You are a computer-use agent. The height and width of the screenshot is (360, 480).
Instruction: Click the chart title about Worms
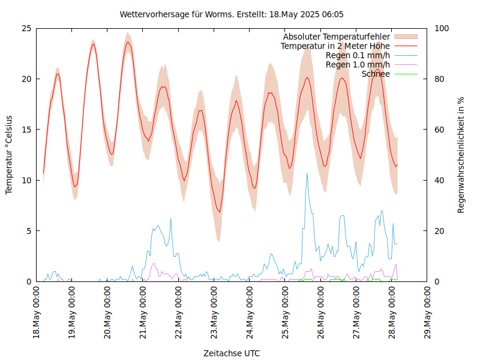coord(232,14)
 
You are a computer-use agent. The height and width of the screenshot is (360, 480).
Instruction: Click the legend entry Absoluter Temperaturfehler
coord(337,37)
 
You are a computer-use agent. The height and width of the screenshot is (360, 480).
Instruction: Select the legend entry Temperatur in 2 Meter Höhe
coord(335,46)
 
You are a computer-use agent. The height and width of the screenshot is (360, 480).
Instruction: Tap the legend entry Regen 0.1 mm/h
coord(358,55)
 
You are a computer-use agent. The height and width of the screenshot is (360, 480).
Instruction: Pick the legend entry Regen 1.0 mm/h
coord(358,64)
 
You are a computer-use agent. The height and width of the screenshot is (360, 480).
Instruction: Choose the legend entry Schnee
coord(376,74)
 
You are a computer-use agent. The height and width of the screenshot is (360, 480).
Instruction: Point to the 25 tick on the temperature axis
coord(26,28)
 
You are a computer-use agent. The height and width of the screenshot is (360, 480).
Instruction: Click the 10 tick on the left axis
coord(26,180)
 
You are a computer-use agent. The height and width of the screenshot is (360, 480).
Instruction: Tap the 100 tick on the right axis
coord(442,28)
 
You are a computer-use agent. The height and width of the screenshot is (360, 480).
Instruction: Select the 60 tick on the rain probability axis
coord(439,130)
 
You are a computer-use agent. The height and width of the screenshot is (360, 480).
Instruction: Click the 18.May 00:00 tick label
coord(37,313)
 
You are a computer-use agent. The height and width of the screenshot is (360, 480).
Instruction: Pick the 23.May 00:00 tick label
coord(214,313)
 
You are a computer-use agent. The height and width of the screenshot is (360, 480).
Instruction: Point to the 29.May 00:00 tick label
coord(427,313)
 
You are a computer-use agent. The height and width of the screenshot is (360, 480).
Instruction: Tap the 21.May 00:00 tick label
coord(143,313)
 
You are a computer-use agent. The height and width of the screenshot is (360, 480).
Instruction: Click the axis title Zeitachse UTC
coord(232,353)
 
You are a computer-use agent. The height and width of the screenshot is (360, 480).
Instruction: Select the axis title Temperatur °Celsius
coord(9,155)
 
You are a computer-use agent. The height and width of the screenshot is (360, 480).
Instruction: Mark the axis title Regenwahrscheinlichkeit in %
coord(461,155)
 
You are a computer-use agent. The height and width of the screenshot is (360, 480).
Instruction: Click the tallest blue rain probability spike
coord(307,173)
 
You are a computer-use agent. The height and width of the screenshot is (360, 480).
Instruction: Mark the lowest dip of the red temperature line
coord(220,212)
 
